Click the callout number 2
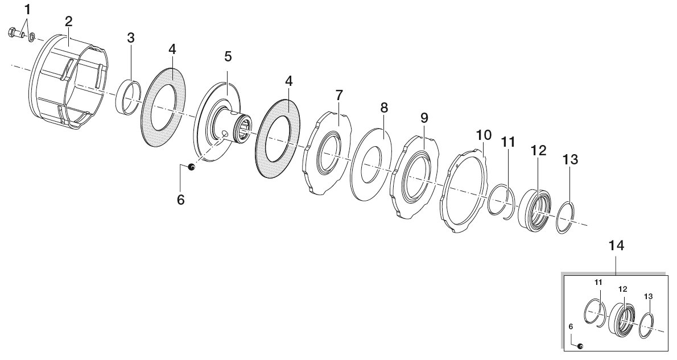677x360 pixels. pyautogui.click(x=69, y=22)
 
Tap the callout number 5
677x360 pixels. pyautogui.click(x=228, y=56)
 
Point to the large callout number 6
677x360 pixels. pyautogui.click(x=180, y=200)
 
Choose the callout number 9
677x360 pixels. pyautogui.click(x=424, y=117)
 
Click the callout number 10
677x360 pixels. pyautogui.click(x=484, y=135)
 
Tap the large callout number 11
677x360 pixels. pyautogui.click(x=508, y=142)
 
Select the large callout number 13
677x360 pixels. pyautogui.click(x=570, y=159)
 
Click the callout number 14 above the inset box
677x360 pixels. pyautogui.click(x=616, y=246)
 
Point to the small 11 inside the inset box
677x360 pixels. pyautogui.click(x=598, y=282)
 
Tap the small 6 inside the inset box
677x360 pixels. pyautogui.click(x=571, y=327)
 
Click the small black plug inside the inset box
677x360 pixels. pyautogui.click(x=580, y=345)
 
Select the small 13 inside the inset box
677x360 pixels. pyautogui.click(x=648, y=296)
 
